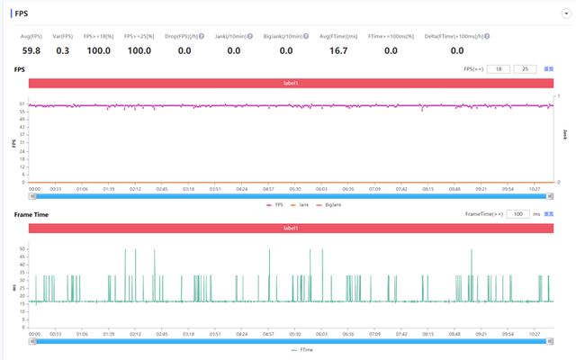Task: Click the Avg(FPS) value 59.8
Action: pos(31,50)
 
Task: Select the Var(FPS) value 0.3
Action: pos(62,50)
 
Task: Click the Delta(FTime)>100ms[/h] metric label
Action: pos(457,36)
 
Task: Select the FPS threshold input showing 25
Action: pos(525,68)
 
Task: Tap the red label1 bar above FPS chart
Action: pos(290,83)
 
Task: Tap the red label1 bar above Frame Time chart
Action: pos(290,229)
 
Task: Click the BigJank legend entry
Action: pos(330,205)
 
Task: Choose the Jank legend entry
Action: pos(302,205)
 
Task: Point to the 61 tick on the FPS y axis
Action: pos(21,105)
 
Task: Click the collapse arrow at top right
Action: pos(566,13)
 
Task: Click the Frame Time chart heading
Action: pos(31,214)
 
